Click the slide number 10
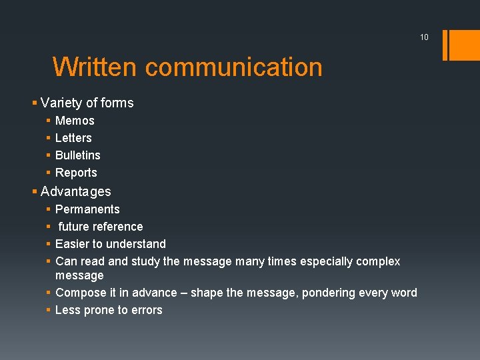424,37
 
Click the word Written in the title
95,67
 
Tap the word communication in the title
233,67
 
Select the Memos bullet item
75,121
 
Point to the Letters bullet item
73,138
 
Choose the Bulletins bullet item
78,155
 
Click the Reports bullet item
76,173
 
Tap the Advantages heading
76,191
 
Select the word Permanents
87,209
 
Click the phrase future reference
101,227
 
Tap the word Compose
79,293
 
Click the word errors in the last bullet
147,310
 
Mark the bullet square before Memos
49,121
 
